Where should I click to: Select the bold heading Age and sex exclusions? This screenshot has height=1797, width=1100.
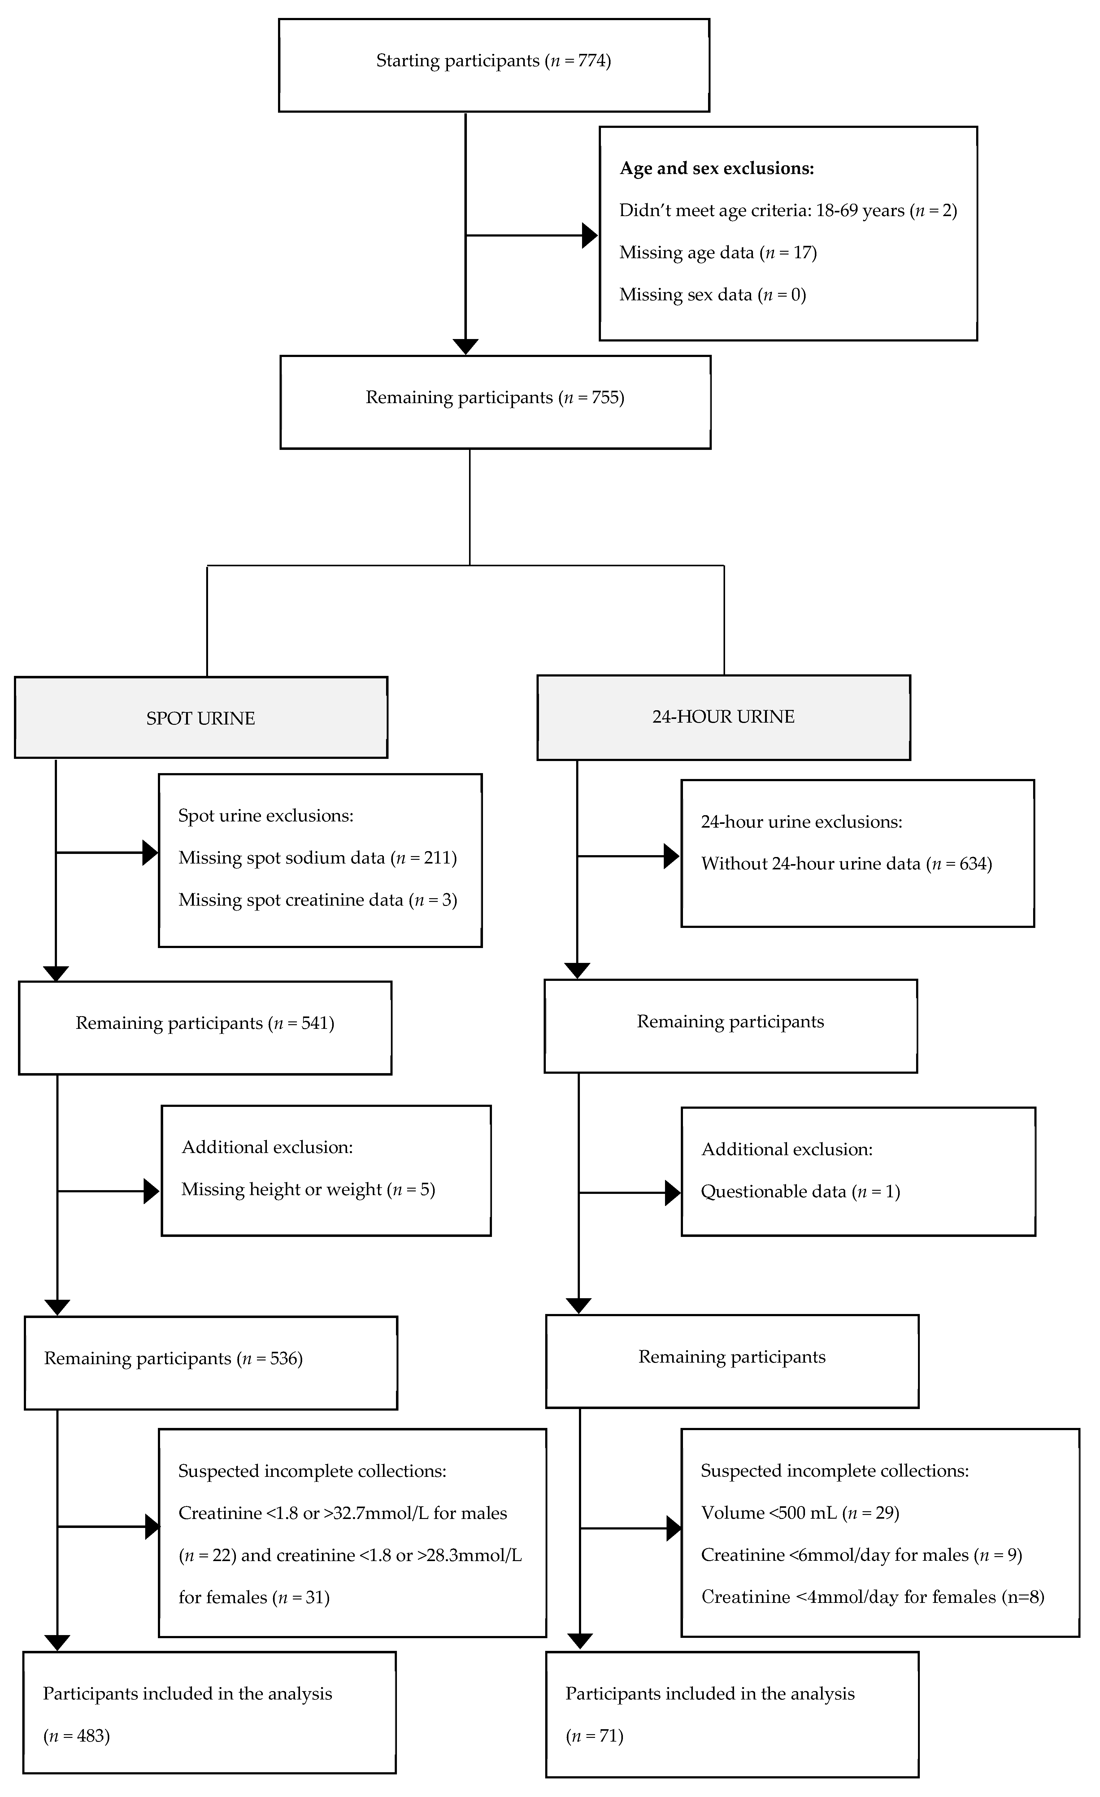[x=716, y=168]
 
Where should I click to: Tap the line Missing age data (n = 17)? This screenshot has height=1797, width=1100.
[x=718, y=252]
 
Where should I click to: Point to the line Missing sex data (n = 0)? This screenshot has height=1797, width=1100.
[x=712, y=295]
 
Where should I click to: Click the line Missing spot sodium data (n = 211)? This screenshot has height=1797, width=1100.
[x=317, y=858]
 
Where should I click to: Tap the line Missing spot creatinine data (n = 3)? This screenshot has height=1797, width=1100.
[x=317, y=900]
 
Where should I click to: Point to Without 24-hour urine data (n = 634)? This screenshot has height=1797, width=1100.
[x=846, y=864]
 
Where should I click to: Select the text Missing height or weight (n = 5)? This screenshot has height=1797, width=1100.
[x=308, y=1190]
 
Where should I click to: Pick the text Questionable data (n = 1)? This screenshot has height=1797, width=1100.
[x=800, y=1192]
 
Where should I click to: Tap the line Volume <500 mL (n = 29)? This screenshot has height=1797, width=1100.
[x=799, y=1513]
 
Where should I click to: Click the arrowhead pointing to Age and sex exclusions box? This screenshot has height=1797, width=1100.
[x=589, y=236]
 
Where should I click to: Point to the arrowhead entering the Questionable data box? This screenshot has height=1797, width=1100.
[x=672, y=1193]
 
